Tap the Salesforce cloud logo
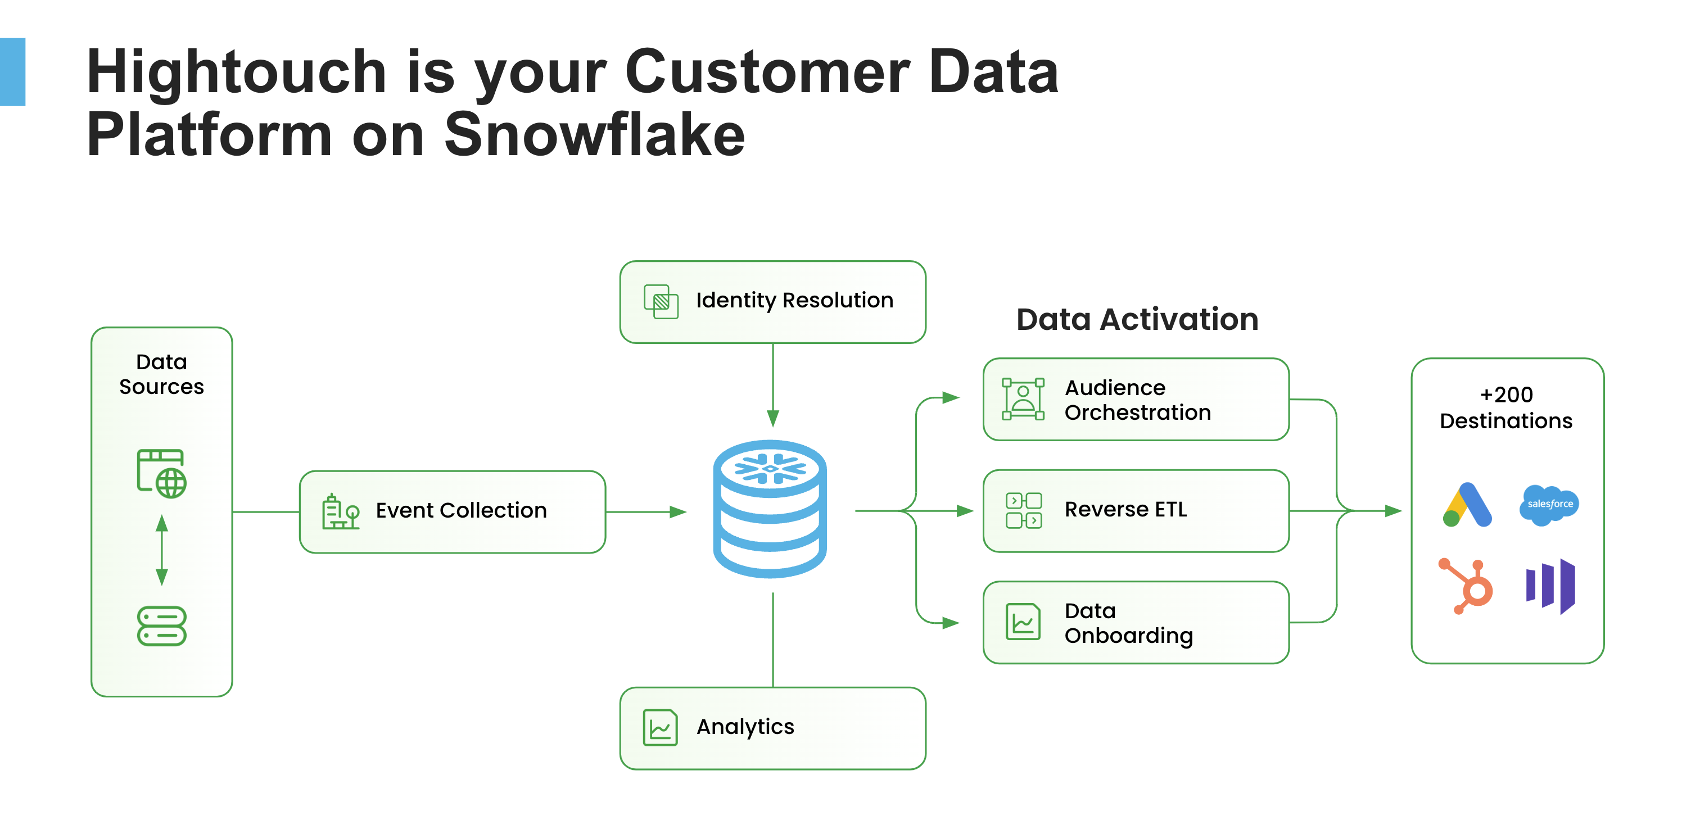coord(1549,505)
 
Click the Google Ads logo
coord(1466,505)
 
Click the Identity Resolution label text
coord(794,301)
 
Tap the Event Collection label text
coord(460,511)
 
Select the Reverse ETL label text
coord(1125,509)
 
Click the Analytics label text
coord(745,727)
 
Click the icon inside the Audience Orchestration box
coord(1023,399)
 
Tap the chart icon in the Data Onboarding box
coord(1023,622)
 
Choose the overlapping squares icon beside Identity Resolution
coord(661,302)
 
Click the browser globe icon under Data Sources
coord(162,473)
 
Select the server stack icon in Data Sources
coord(162,625)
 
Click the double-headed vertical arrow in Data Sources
coord(162,550)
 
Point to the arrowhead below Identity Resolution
coord(773,418)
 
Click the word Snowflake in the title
coord(594,135)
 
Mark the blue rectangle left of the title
coord(12,72)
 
